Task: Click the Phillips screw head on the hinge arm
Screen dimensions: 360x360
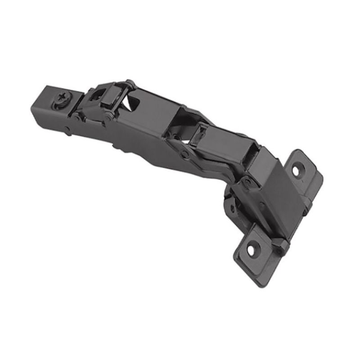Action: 63,100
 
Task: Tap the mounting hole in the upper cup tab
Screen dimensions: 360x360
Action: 298,171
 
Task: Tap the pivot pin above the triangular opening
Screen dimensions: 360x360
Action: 130,83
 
